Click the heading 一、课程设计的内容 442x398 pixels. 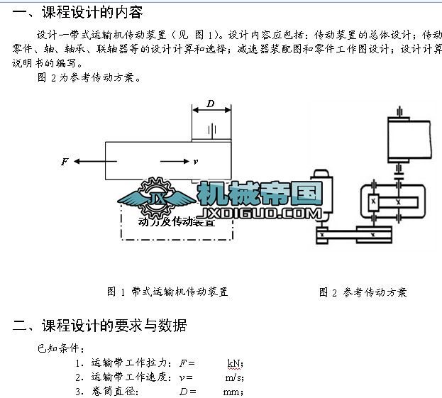point(78,12)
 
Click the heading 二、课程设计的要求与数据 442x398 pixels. point(100,326)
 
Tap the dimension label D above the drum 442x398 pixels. point(211,104)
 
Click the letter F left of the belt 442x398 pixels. point(64,162)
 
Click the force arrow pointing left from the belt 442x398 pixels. point(89,162)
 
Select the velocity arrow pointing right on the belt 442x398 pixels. point(175,162)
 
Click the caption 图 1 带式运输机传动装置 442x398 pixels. point(167,291)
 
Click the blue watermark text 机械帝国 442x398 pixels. point(260,193)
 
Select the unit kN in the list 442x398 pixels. point(235,363)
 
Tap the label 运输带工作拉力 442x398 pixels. point(131,363)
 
